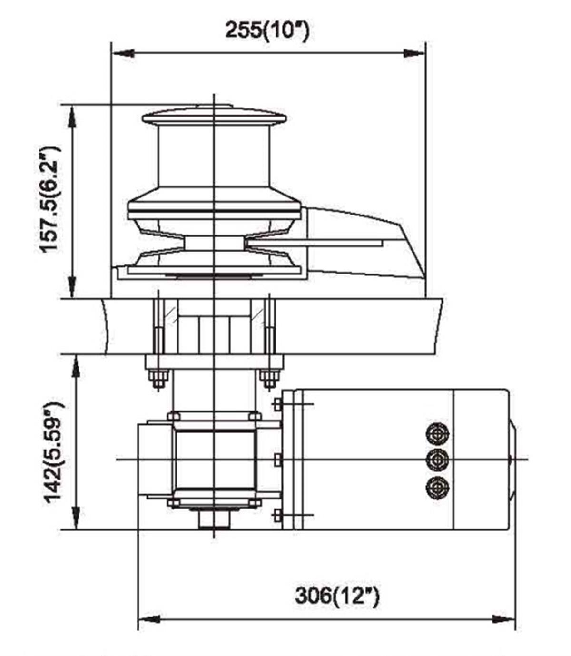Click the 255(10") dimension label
pyautogui.click(x=267, y=30)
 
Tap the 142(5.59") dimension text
pyautogui.click(x=53, y=452)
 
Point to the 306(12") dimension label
pyautogui.click(x=337, y=595)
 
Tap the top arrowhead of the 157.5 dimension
pyautogui.click(x=72, y=117)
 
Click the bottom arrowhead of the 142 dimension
pyautogui.click(x=76, y=519)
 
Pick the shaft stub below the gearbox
pyautogui.click(x=214, y=519)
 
